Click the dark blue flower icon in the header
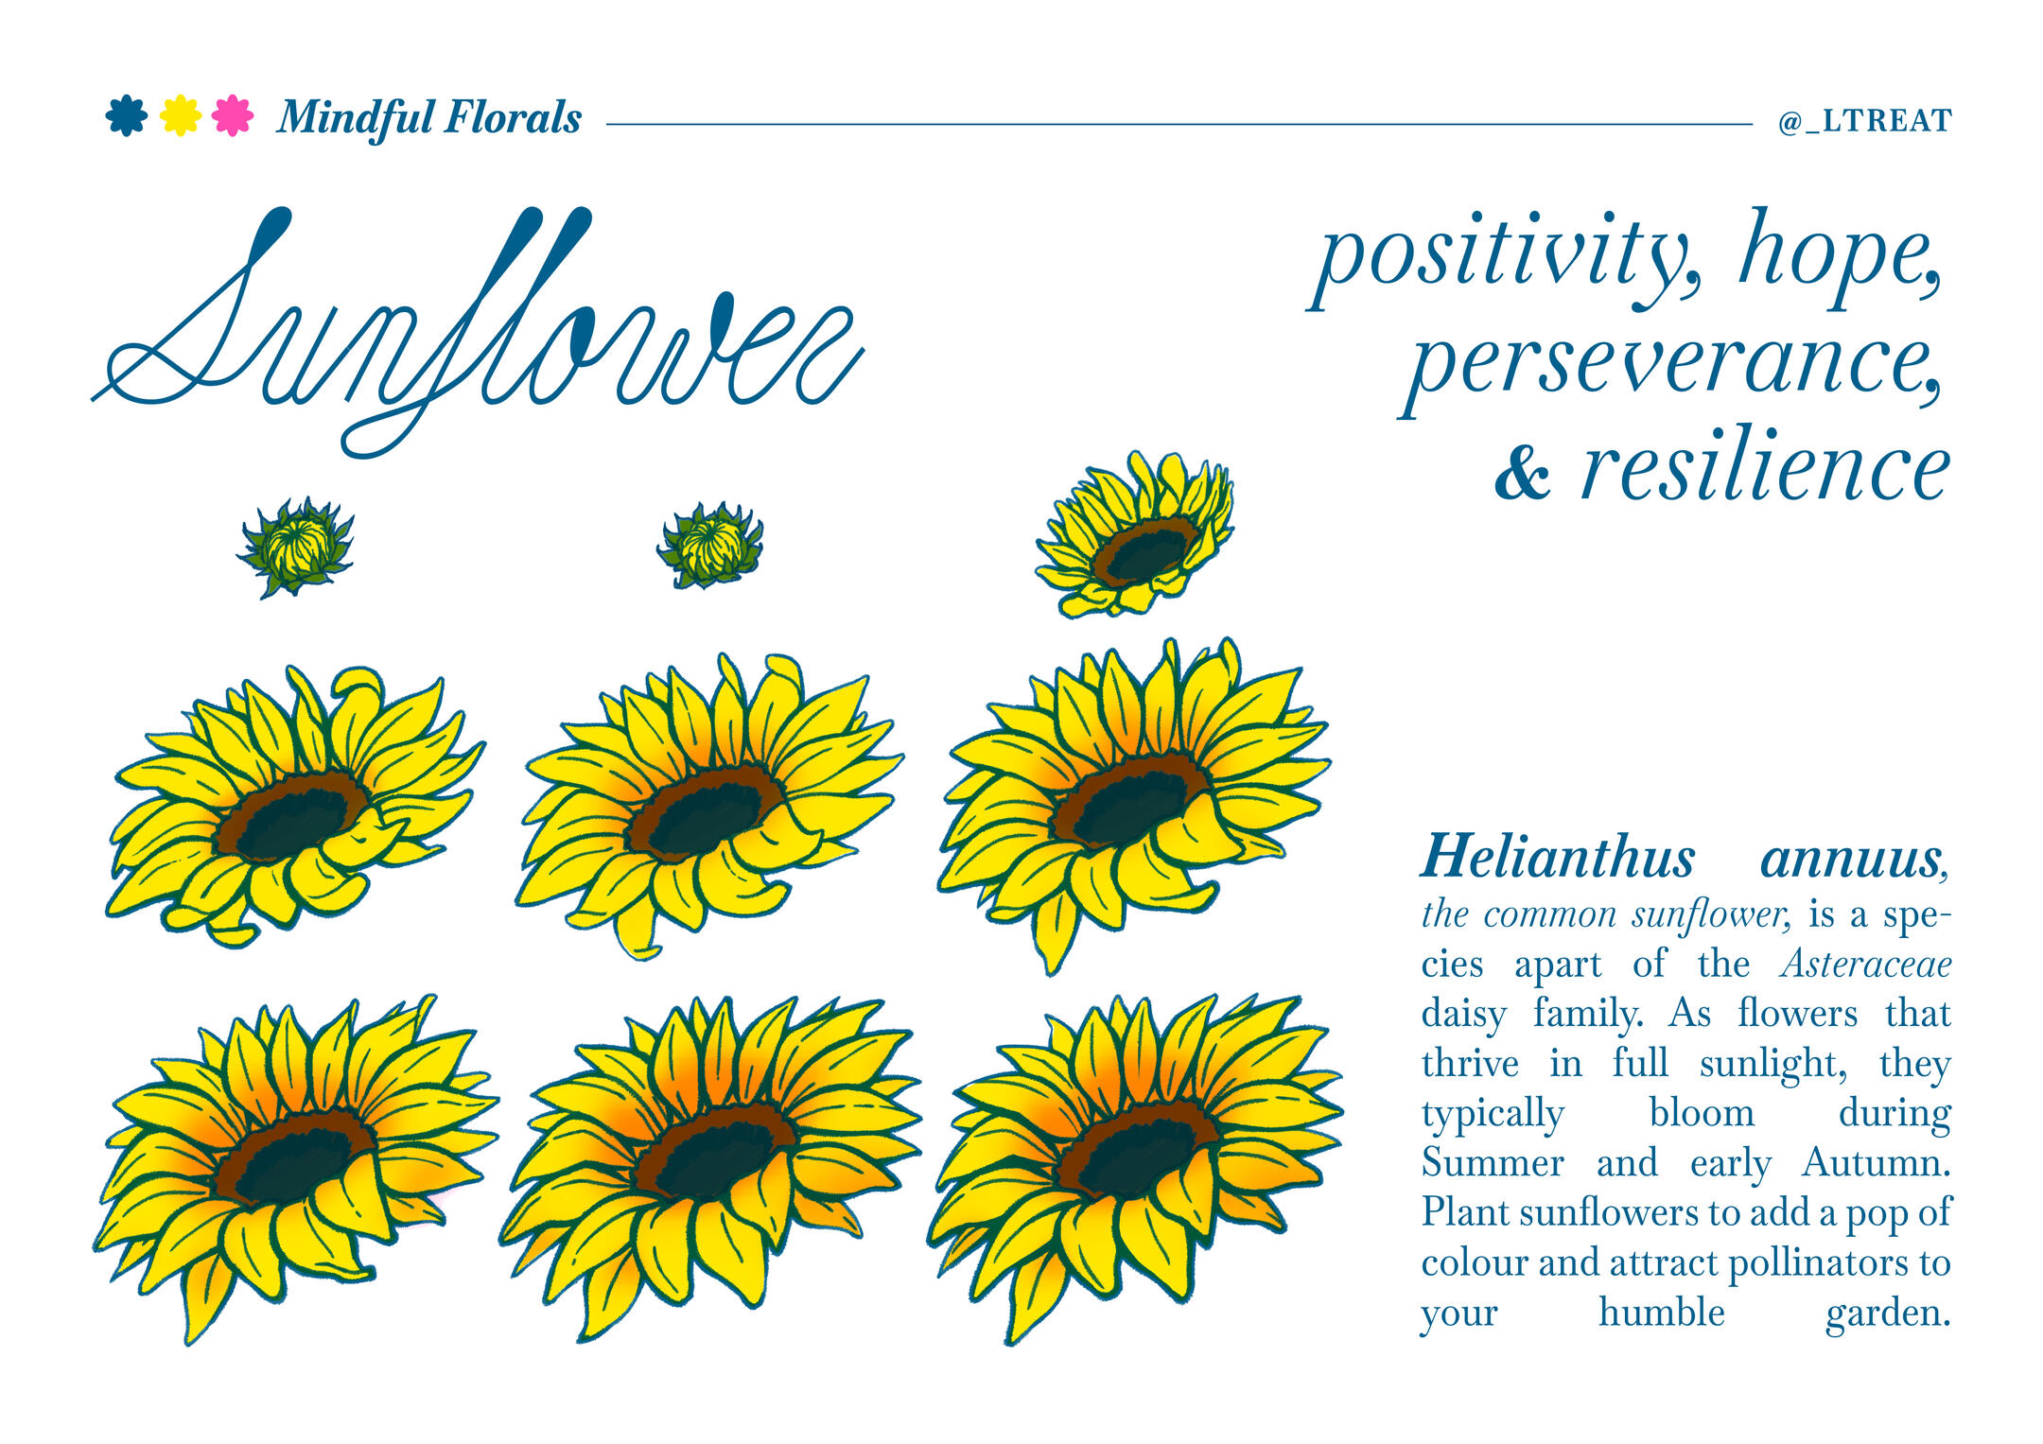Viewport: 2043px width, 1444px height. [x=127, y=116]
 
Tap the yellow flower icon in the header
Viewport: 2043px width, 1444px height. [x=180, y=116]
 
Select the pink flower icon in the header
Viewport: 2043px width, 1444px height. [x=233, y=116]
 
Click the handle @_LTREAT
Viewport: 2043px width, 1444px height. [x=1864, y=121]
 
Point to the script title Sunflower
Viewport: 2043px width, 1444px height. [x=478, y=331]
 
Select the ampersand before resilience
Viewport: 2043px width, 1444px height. [x=1522, y=473]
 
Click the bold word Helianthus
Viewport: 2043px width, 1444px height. [x=1558, y=858]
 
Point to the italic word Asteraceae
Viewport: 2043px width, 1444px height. [x=1865, y=964]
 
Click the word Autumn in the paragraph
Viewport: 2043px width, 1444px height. [x=1876, y=1162]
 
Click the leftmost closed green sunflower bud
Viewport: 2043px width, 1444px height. [x=296, y=547]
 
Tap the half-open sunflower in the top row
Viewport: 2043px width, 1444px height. [x=1136, y=534]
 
